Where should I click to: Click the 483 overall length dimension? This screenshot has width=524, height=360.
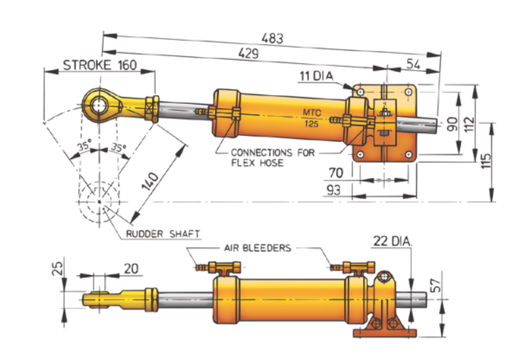click(272, 39)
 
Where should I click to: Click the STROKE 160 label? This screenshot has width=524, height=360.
click(99, 65)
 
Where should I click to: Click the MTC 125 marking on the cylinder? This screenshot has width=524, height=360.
click(312, 118)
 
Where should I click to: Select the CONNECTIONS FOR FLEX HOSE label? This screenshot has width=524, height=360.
click(272, 158)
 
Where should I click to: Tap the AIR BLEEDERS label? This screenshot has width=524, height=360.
click(257, 248)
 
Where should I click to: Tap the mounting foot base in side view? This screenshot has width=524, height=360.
click(386, 334)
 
